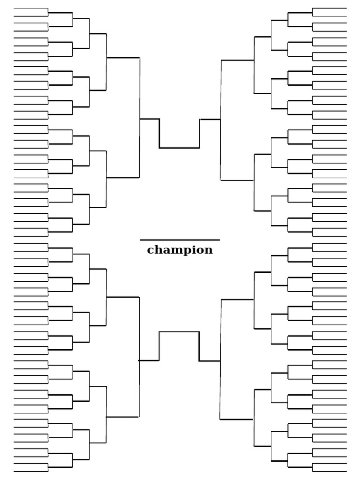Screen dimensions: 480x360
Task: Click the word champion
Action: click(180, 250)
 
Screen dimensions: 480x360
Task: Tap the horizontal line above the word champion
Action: click(180, 240)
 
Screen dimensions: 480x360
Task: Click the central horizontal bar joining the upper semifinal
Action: click(180, 148)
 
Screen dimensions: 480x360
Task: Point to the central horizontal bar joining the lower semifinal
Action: click(180, 332)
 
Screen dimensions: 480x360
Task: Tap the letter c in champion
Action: click(151, 250)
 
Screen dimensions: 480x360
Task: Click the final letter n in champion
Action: click(208, 250)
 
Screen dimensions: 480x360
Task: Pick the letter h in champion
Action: click(158, 249)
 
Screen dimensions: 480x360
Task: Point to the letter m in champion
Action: click(174, 250)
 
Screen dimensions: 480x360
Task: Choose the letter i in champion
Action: click(191, 249)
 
